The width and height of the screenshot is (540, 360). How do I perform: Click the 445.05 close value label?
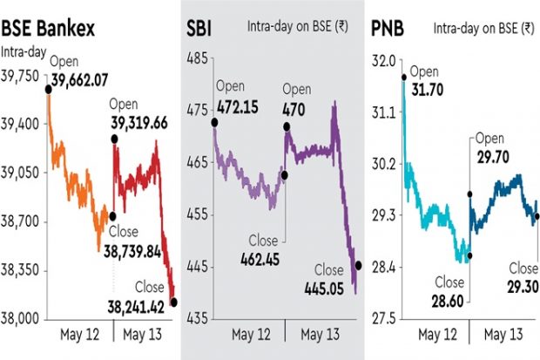(327, 287)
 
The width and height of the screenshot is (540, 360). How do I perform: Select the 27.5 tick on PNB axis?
(384, 318)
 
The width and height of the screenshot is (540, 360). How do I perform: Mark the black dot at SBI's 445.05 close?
(359, 265)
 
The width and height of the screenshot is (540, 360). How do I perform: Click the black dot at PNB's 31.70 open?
(405, 78)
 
